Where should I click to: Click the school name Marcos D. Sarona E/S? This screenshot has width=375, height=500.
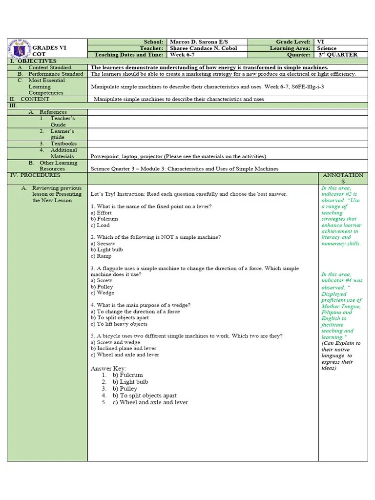click(193, 42)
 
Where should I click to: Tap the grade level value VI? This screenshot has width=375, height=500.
click(320, 42)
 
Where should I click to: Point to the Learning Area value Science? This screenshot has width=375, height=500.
click(327, 48)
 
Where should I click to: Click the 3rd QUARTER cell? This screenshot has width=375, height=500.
click(337, 55)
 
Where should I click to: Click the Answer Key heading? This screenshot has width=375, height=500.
click(108, 368)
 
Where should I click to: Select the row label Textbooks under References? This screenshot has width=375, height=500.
click(64, 144)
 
